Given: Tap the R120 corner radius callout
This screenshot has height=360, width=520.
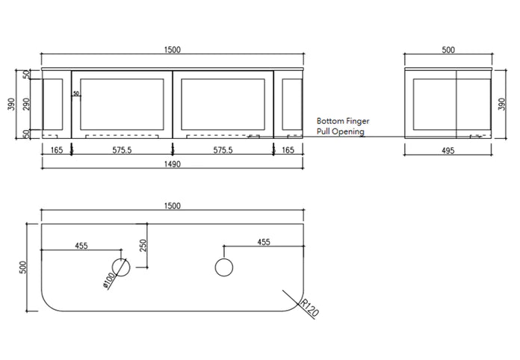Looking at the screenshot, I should pyautogui.click(x=309, y=307).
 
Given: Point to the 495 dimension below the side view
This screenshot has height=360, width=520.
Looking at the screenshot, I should pyautogui.click(x=449, y=149).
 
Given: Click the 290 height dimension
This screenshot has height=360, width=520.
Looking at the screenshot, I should pyautogui.click(x=26, y=104).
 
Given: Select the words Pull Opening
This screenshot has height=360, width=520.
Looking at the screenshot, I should pyautogui.click(x=340, y=131).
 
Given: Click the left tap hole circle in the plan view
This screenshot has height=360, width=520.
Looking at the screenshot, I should pyautogui.click(x=120, y=267).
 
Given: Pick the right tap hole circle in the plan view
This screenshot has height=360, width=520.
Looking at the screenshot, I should pyautogui.click(x=223, y=267).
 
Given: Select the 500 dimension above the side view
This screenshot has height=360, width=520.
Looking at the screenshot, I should pyautogui.click(x=448, y=49).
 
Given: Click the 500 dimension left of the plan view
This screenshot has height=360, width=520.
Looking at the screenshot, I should pyautogui.click(x=22, y=266).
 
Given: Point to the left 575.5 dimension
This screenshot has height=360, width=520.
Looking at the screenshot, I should pyautogui.click(x=122, y=149).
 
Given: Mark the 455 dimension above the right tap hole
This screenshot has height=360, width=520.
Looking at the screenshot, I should pyautogui.click(x=263, y=242).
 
